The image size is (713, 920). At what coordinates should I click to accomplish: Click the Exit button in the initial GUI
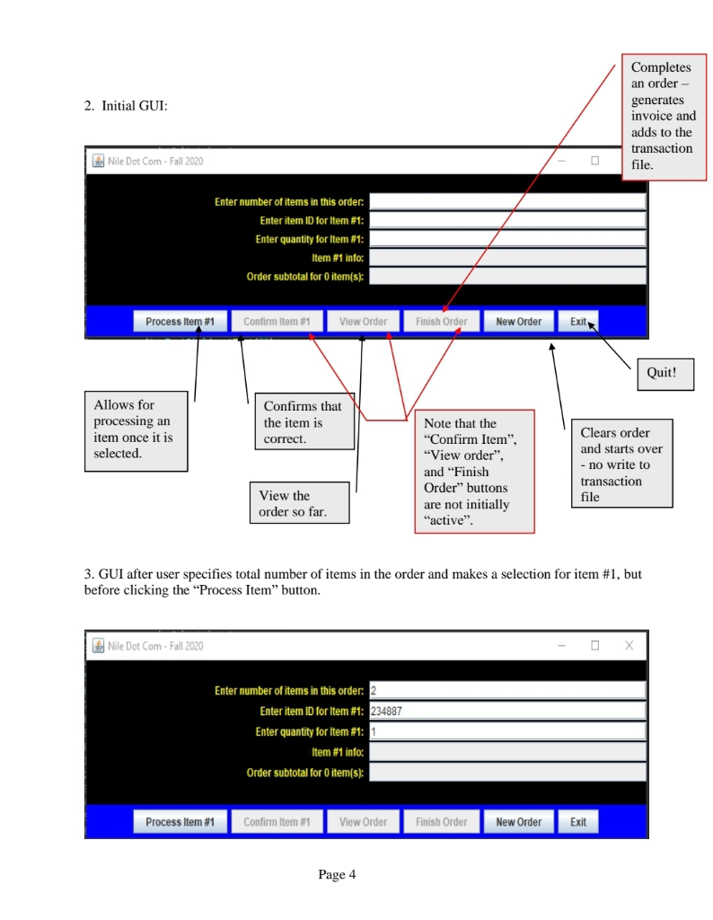coord(577,322)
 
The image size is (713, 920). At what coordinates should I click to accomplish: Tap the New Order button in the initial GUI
coord(518,322)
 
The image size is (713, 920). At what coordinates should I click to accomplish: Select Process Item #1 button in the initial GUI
coord(180,322)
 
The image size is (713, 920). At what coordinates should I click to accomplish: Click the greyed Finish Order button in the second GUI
coord(441,822)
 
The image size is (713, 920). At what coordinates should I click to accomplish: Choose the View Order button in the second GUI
coord(363,822)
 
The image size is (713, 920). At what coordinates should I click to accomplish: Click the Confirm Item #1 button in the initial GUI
coord(277,322)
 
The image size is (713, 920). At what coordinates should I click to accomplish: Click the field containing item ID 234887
coord(507,711)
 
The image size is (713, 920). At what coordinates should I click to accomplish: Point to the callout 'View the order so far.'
coord(299,504)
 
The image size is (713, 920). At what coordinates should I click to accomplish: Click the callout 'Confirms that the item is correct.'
coord(303,423)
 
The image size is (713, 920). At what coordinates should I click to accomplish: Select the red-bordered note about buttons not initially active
coord(474,472)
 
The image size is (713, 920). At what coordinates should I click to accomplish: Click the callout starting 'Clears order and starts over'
coord(621,464)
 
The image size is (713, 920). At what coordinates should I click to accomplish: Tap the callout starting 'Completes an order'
coord(663,117)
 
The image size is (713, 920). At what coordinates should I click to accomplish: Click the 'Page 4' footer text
coord(338,874)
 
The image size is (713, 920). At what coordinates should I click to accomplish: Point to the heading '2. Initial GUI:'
coord(126,106)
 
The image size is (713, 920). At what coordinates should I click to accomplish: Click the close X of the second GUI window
coord(629,645)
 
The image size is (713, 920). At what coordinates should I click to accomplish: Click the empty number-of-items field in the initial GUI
coord(507,201)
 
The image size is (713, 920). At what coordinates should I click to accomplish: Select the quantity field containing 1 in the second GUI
coord(507,731)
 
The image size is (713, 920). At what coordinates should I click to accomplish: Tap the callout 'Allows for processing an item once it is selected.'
coord(136,430)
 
